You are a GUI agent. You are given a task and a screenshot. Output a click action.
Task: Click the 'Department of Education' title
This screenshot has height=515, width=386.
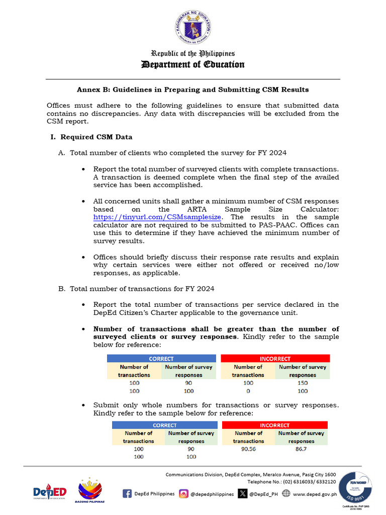(x=193, y=64)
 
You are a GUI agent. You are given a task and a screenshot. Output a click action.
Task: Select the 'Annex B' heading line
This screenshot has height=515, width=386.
(x=193, y=90)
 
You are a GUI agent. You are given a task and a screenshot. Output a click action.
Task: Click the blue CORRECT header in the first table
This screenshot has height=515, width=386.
(x=161, y=359)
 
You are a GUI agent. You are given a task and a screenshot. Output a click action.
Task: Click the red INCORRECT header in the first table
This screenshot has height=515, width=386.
(x=275, y=359)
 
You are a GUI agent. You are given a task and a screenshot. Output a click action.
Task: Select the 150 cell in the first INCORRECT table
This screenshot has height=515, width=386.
(x=303, y=383)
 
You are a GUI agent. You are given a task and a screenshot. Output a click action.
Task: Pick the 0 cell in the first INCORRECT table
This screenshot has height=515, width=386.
(x=248, y=391)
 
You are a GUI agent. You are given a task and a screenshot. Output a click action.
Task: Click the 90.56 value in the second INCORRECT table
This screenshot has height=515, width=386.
(x=248, y=449)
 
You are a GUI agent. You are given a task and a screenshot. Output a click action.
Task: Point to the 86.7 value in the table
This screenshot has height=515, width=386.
(x=302, y=449)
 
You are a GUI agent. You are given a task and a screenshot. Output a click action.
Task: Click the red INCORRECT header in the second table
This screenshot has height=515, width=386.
(x=275, y=425)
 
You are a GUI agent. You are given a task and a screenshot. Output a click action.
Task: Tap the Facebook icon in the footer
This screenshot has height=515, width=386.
(x=127, y=493)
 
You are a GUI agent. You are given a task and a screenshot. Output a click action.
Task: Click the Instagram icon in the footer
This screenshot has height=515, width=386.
(x=184, y=493)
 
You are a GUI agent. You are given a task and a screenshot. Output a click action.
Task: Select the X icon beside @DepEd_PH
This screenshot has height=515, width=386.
(x=243, y=493)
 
